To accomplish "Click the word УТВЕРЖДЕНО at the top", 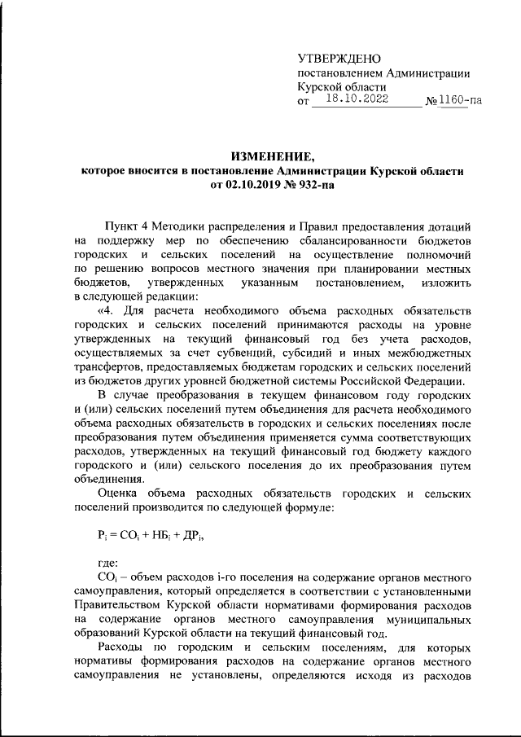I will pos(339,59).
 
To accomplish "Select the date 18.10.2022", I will pos(356,99).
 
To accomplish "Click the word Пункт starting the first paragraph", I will pos(124,226).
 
